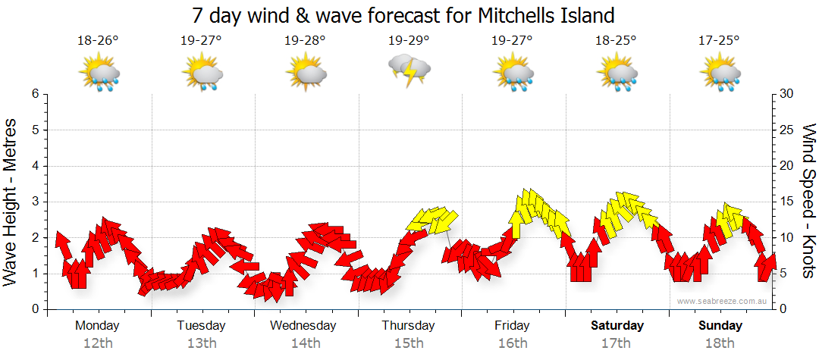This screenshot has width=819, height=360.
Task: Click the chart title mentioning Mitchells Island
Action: (x=403, y=15)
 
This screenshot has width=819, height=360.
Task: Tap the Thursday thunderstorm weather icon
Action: (x=409, y=70)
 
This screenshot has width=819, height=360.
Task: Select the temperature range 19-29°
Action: (x=409, y=41)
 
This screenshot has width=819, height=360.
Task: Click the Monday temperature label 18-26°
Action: (x=98, y=41)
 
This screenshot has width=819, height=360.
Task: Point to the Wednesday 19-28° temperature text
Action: (x=305, y=41)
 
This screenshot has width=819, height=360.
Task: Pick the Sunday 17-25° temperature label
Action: (x=719, y=41)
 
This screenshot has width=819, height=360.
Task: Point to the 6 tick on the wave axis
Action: (x=35, y=94)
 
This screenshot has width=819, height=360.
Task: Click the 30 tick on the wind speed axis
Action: (x=786, y=94)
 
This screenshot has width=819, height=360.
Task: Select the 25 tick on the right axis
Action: (x=786, y=130)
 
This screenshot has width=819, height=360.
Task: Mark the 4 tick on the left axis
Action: (x=35, y=166)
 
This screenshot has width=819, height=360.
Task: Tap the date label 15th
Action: (x=409, y=343)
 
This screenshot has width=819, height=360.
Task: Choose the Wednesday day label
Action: (x=303, y=326)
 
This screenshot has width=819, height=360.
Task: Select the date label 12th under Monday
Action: (x=98, y=343)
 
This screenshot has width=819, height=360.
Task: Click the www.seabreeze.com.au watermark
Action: (x=723, y=301)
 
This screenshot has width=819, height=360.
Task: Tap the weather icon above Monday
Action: (x=99, y=74)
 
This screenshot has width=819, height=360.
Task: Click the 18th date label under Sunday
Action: (x=720, y=343)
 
